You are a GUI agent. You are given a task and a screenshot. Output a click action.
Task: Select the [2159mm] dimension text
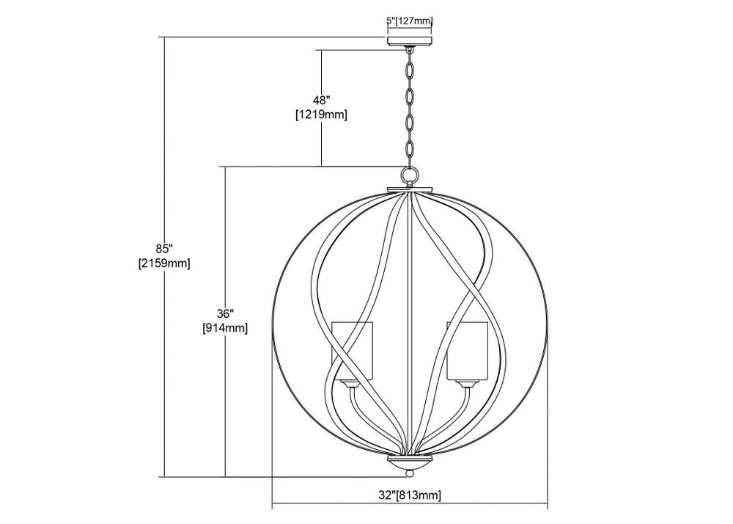point(164,263)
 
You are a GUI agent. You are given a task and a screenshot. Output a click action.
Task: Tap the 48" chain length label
point(321,99)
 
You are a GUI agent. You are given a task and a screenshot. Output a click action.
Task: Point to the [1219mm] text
point(321,114)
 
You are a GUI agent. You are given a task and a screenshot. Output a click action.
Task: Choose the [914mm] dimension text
point(225,328)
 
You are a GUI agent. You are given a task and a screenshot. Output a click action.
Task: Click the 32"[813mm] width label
point(410,495)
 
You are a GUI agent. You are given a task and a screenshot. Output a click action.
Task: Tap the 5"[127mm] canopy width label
point(410,21)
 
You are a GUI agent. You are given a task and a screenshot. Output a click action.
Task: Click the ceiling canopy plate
point(410,40)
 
